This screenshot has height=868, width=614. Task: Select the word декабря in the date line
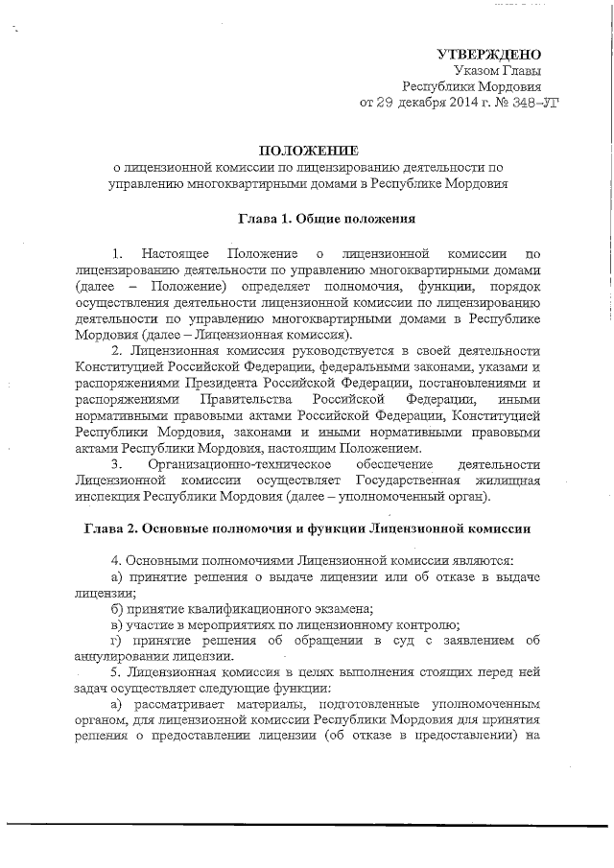414,102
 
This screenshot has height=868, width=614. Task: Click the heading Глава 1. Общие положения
325,219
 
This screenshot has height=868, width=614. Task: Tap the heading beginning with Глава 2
306,528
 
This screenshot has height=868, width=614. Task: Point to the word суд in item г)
416,641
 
